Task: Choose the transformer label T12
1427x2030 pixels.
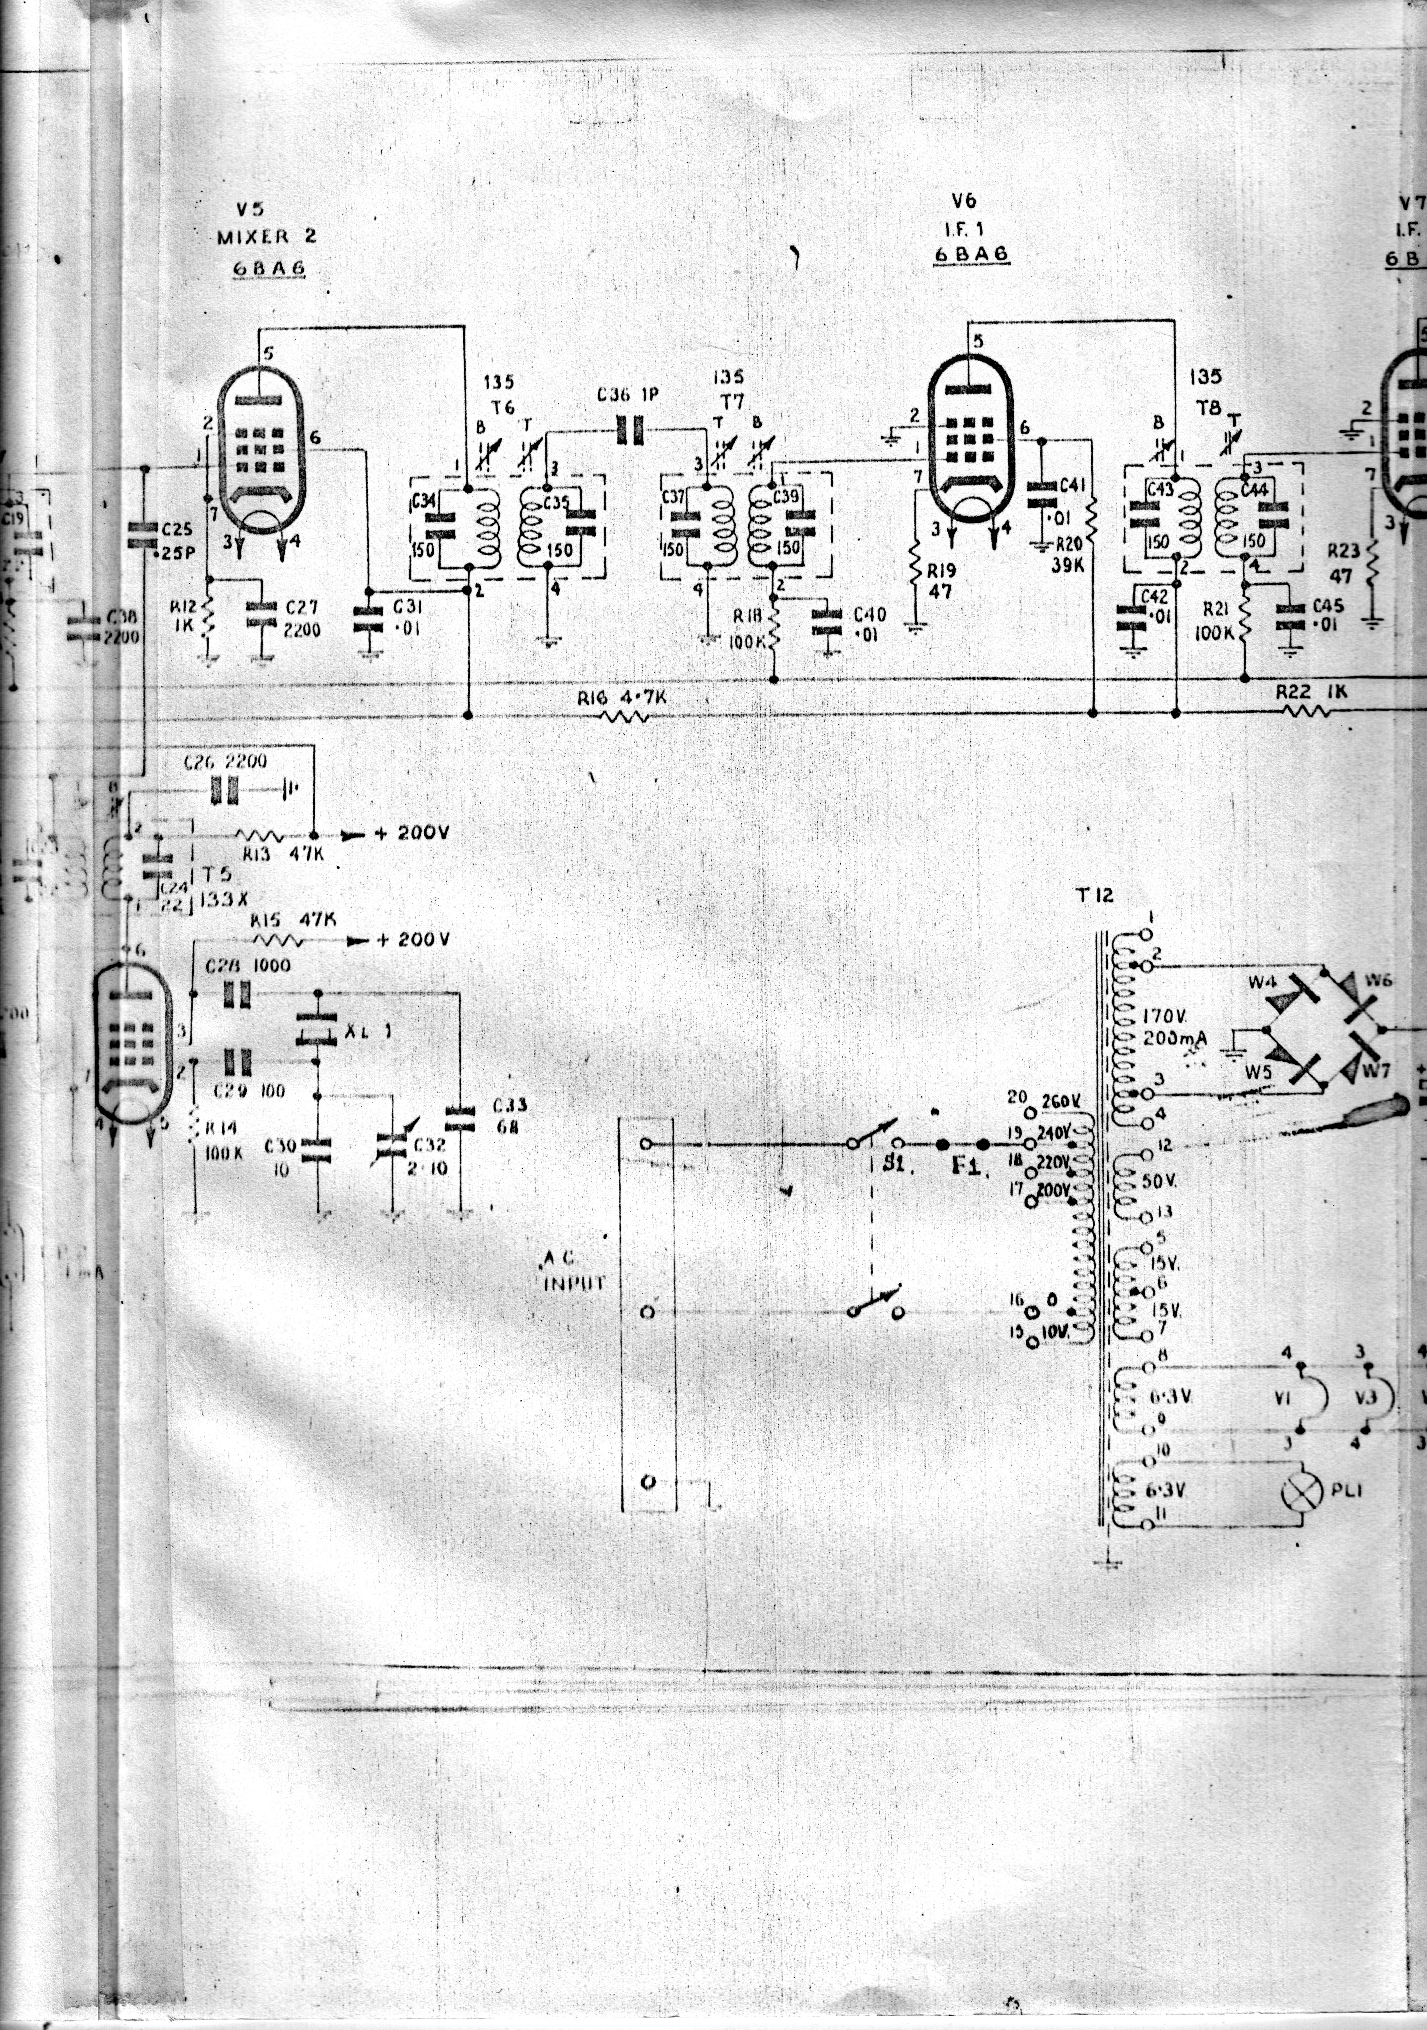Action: coord(1095,896)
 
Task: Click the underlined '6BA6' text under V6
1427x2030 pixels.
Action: coord(971,254)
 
